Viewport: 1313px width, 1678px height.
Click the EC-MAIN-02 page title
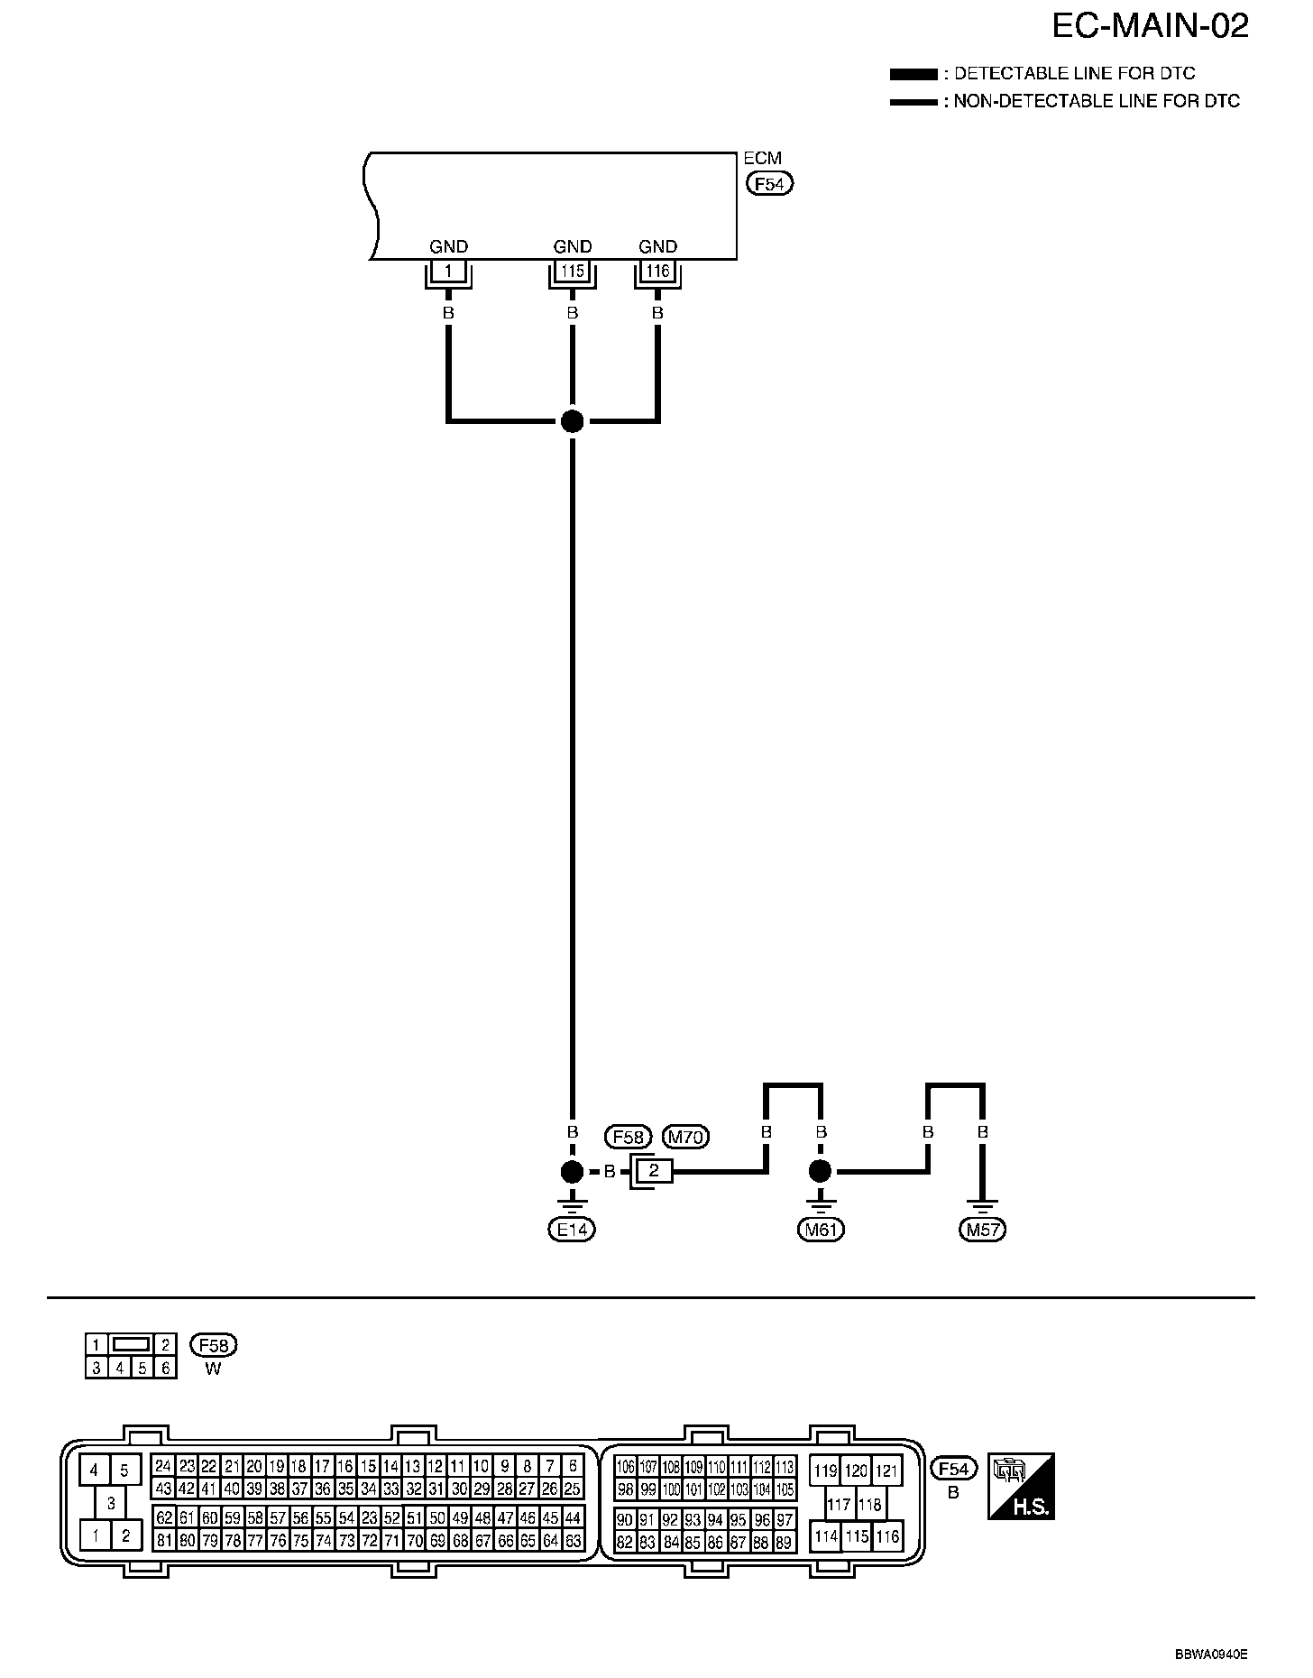1150,26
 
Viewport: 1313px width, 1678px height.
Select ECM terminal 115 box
572,271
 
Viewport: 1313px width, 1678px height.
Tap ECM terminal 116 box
657,271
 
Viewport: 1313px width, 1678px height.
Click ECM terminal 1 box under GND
448,271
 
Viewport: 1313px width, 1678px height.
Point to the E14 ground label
572,1229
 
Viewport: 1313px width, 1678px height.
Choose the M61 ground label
820,1229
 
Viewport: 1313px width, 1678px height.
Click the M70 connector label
685,1137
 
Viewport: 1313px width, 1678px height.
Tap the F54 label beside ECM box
769,184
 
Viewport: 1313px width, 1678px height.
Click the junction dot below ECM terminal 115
572,420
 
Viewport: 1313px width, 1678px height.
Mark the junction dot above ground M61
820,1172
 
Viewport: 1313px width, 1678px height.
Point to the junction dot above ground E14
572,1172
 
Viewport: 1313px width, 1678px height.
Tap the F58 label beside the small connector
214,1345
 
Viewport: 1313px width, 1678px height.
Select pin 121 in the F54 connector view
887,1471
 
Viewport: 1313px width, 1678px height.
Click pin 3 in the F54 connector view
111,1504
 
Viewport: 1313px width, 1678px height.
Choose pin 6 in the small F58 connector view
165,1368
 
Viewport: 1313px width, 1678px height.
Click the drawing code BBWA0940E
1211,1655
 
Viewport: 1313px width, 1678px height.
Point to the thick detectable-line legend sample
913,74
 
